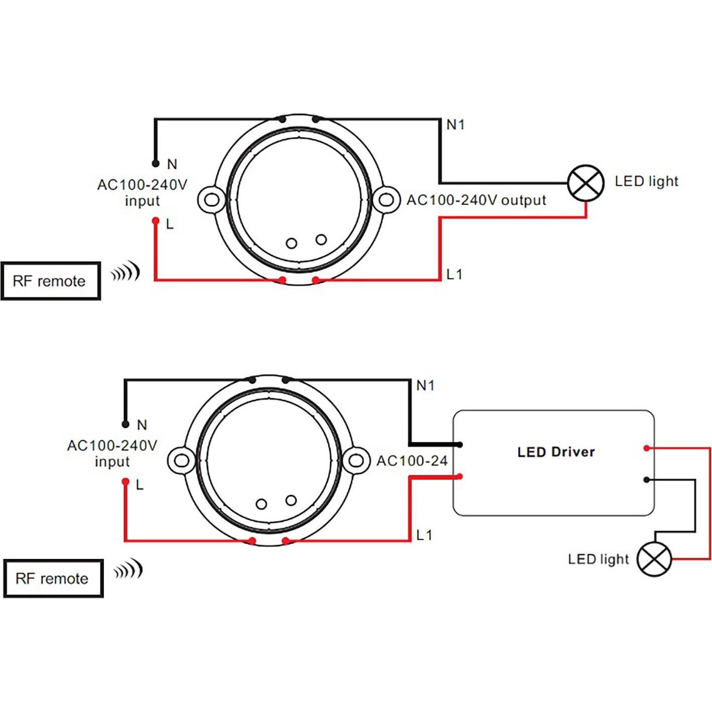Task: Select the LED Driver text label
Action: pos(556,452)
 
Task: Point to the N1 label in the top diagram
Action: pos(455,125)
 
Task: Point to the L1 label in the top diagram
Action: pos(454,274)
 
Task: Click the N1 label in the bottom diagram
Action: pos(425,386)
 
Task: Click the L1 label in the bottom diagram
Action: pos(424,535)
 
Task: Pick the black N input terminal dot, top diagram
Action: pos(156,163)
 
